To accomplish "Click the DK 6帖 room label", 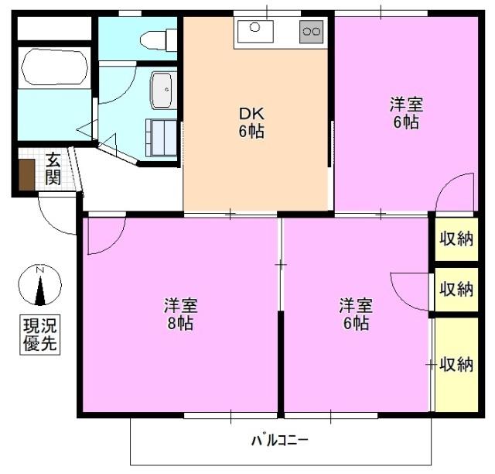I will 251,122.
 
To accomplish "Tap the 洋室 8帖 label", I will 177,313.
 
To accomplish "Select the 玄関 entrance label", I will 53,169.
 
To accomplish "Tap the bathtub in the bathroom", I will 55,67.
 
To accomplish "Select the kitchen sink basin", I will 254,32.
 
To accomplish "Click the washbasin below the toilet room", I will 162,90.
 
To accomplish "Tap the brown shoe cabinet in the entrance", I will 27,174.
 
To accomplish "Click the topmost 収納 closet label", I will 455,238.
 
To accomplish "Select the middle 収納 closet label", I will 455,289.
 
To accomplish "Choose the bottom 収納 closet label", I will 455,364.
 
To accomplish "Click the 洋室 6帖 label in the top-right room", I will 405,112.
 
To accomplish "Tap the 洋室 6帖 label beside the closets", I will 356,313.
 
